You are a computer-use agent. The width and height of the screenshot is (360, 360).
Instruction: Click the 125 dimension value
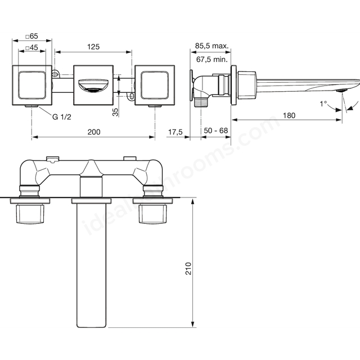point(93,47)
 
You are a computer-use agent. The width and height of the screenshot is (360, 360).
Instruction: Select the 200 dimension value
point(94,132)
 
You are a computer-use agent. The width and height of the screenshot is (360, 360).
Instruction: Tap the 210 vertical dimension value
point(188,268)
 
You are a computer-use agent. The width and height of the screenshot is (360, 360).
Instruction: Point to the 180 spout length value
point(289,115)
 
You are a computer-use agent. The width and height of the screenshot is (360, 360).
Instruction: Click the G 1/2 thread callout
point(62,117)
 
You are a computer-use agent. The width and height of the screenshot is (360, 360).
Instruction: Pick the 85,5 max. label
point(211,46)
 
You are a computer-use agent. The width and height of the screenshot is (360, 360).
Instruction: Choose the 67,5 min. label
point(212,60)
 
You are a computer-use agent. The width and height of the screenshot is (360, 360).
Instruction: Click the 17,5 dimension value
point(175,132)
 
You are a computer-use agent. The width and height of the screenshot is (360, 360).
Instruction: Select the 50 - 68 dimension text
point(216,130)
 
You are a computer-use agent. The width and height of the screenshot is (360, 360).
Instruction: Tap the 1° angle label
point(323,103)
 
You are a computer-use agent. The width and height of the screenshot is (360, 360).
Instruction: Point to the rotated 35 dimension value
point(115,112)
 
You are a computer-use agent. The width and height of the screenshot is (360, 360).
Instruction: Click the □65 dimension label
point(32,36)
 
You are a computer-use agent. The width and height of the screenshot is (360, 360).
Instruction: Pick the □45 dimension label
point(32,47)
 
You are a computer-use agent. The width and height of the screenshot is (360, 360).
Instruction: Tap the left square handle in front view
point(32,85)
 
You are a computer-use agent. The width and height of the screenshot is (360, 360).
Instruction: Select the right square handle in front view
point(155,85)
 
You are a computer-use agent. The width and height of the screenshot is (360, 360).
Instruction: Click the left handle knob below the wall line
point(30,214)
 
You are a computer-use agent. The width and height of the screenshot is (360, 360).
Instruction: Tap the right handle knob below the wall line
point(152,214)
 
